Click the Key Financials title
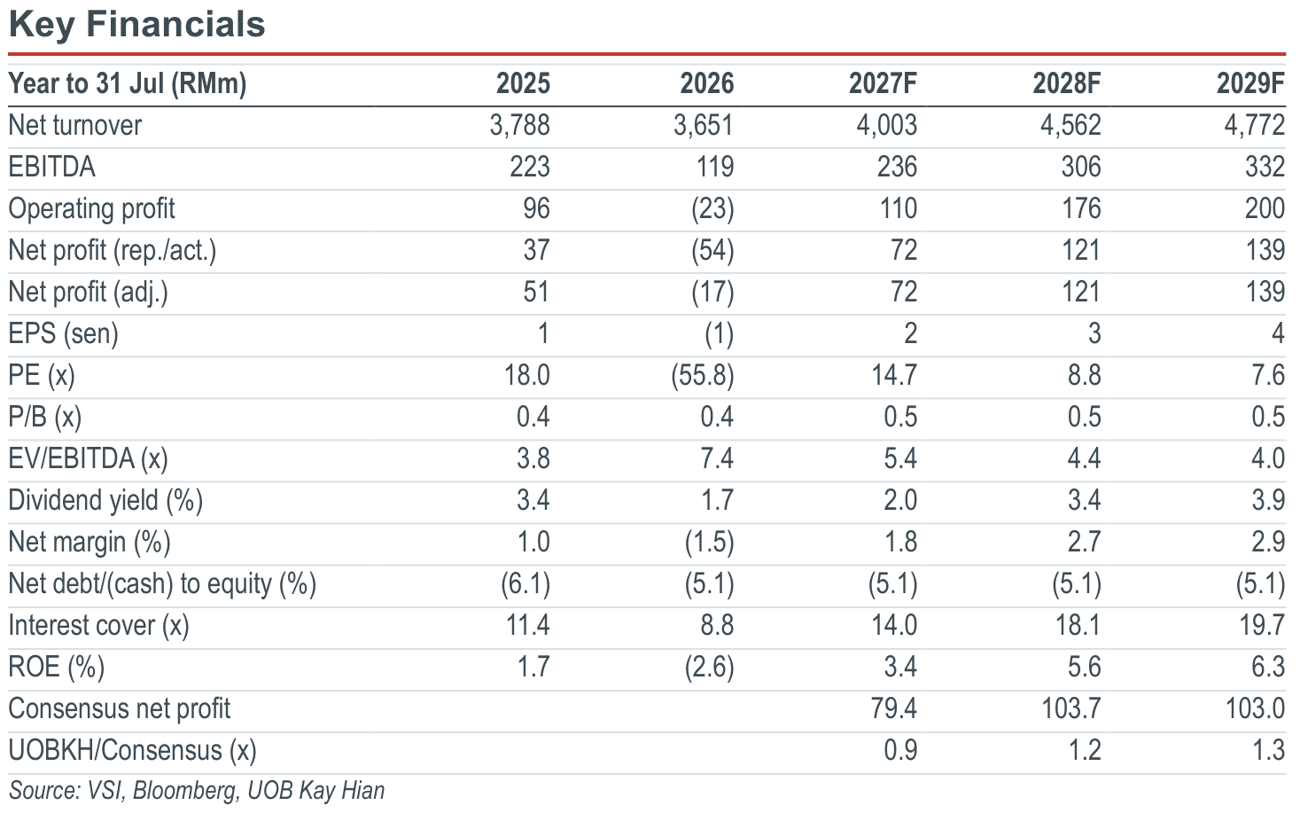point(137,25)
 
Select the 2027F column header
point(883,83)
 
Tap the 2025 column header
point(523,83)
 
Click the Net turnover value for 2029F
point(1254,125)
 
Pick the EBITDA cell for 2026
point(715,167)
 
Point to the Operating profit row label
point(91,209)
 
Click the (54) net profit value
point(712,250)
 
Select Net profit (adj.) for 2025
point(535,292)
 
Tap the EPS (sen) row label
point(63,334)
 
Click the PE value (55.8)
point(702,376)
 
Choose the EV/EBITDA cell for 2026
point(717,458)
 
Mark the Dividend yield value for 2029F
point(1268,501)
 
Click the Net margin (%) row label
point(90,543)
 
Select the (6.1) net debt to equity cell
point(525,584)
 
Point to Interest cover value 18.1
point(1078,625)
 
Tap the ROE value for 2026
point(709,668)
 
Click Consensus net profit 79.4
point(894,709)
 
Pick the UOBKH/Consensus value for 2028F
point(1084,751)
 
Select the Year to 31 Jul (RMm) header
point(127,84)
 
